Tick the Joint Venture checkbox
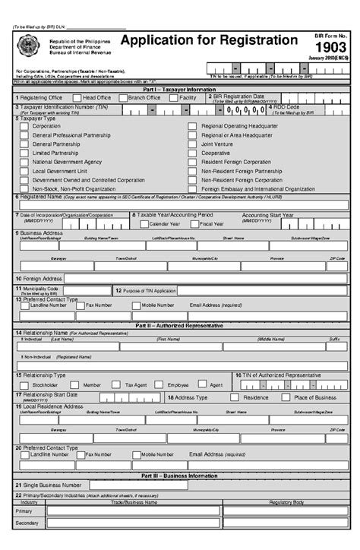pyautogui.click(x=193, y=144)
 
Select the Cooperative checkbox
pyautogui.click(x=193, y=153)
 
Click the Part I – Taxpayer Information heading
pyautogui.click(x=180, y=90)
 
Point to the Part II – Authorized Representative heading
pyautogui.click(x=180, y=325)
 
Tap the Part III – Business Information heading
pyautogui.click(x=180, y=476)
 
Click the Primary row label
pyautogui.click(x=24, y=512)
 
